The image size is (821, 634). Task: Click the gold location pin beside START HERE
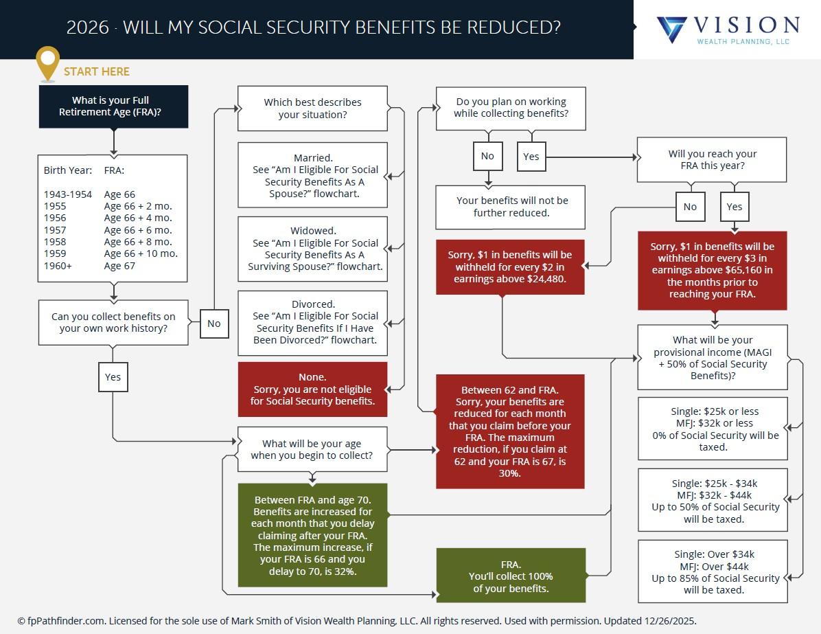(x=47, y=63)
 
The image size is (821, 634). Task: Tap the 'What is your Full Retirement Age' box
(x=113, y=106)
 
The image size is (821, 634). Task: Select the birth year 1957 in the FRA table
(x=56, y=230)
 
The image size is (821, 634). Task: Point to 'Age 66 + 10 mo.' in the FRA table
(x=141, y=253)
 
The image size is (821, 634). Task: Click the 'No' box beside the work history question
(x=214, y=324)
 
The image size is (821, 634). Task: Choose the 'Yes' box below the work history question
(x=113, y=376)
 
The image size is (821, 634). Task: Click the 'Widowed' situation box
(x=312, y=249)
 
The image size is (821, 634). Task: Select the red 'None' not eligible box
(x=312, y=389)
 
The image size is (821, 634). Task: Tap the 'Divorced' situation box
(x=312, y=322)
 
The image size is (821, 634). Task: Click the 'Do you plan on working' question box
(x=511, y=108)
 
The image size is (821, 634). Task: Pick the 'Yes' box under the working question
(x=531, y=156)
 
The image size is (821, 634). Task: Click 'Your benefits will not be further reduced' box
(x=511, y=207)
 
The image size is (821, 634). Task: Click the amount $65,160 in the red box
(x=749, y=270)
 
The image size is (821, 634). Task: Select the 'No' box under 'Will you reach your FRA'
(x=690, y=207)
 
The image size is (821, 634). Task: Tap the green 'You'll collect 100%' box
(x=511, y=576)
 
